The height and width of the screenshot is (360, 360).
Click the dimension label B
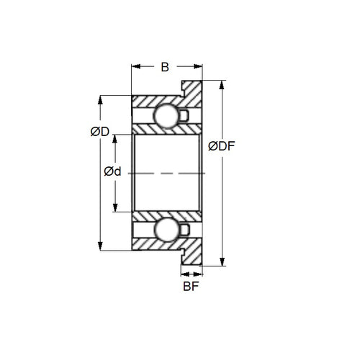(x=165, y=67)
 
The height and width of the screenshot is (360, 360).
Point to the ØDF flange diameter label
(x=222, y=147)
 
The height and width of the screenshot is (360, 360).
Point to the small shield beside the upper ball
(x=184, y=114)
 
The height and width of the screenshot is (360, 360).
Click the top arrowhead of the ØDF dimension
(x=221, y=84)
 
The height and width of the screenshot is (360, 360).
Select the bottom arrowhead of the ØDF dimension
(x=221, y=262)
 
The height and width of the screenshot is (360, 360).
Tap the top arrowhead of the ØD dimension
(x=99, y=99)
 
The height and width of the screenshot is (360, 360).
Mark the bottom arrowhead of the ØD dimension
(x=99, y=246)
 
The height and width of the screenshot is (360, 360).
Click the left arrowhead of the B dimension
(x=135, y=67)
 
